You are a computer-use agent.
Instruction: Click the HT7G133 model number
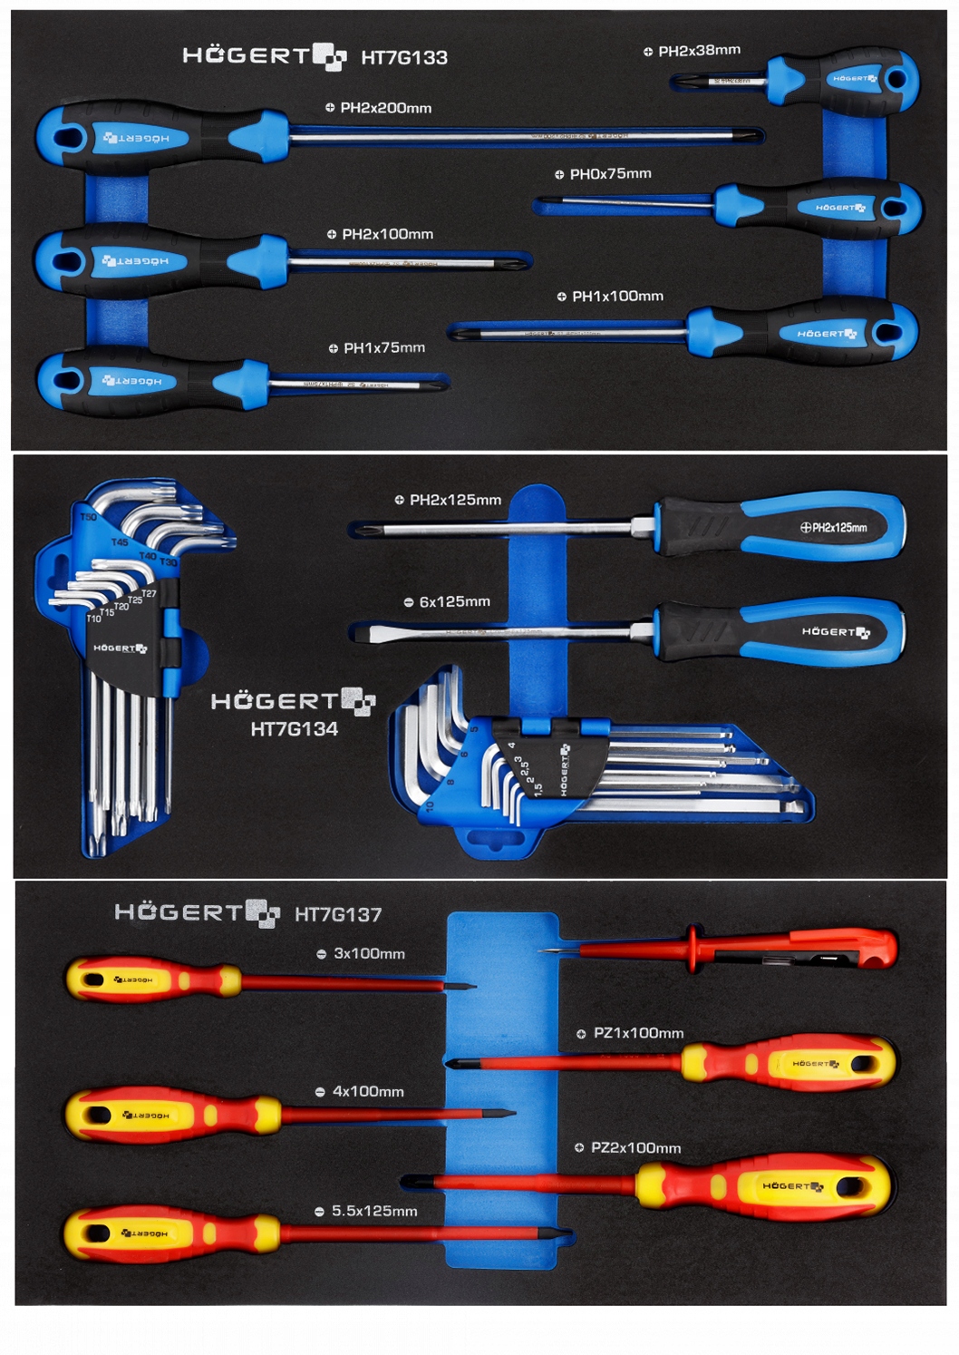click(404, 58)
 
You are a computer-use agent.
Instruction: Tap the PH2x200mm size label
click(385, 108)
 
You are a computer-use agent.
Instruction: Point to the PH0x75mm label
click(610, 174)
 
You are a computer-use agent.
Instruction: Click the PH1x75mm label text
click(384, 348)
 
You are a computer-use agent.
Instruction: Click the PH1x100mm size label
click(617, 297)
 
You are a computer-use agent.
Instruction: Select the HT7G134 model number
click(294, 729)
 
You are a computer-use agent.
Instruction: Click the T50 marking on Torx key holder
click(88, 517)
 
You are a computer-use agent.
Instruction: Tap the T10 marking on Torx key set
click(93, 619)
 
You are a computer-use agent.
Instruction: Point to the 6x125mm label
click(454, 602)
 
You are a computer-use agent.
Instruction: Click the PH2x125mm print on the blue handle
click(838, 527)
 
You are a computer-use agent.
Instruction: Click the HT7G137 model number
click(338, 915)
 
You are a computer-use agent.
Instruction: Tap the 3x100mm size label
click(369, 954)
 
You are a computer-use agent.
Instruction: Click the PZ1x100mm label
click(638, 1033)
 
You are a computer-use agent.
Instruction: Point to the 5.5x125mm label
click(374, 1212)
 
